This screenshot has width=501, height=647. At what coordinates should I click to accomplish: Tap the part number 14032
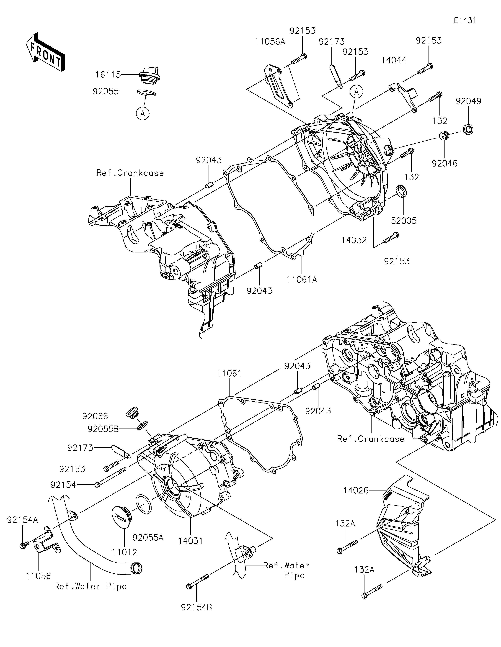354,240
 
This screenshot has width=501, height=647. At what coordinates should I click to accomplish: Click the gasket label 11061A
302,279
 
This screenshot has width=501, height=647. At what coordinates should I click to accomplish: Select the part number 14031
191,541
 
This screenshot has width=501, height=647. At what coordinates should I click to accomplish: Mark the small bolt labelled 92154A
24,545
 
